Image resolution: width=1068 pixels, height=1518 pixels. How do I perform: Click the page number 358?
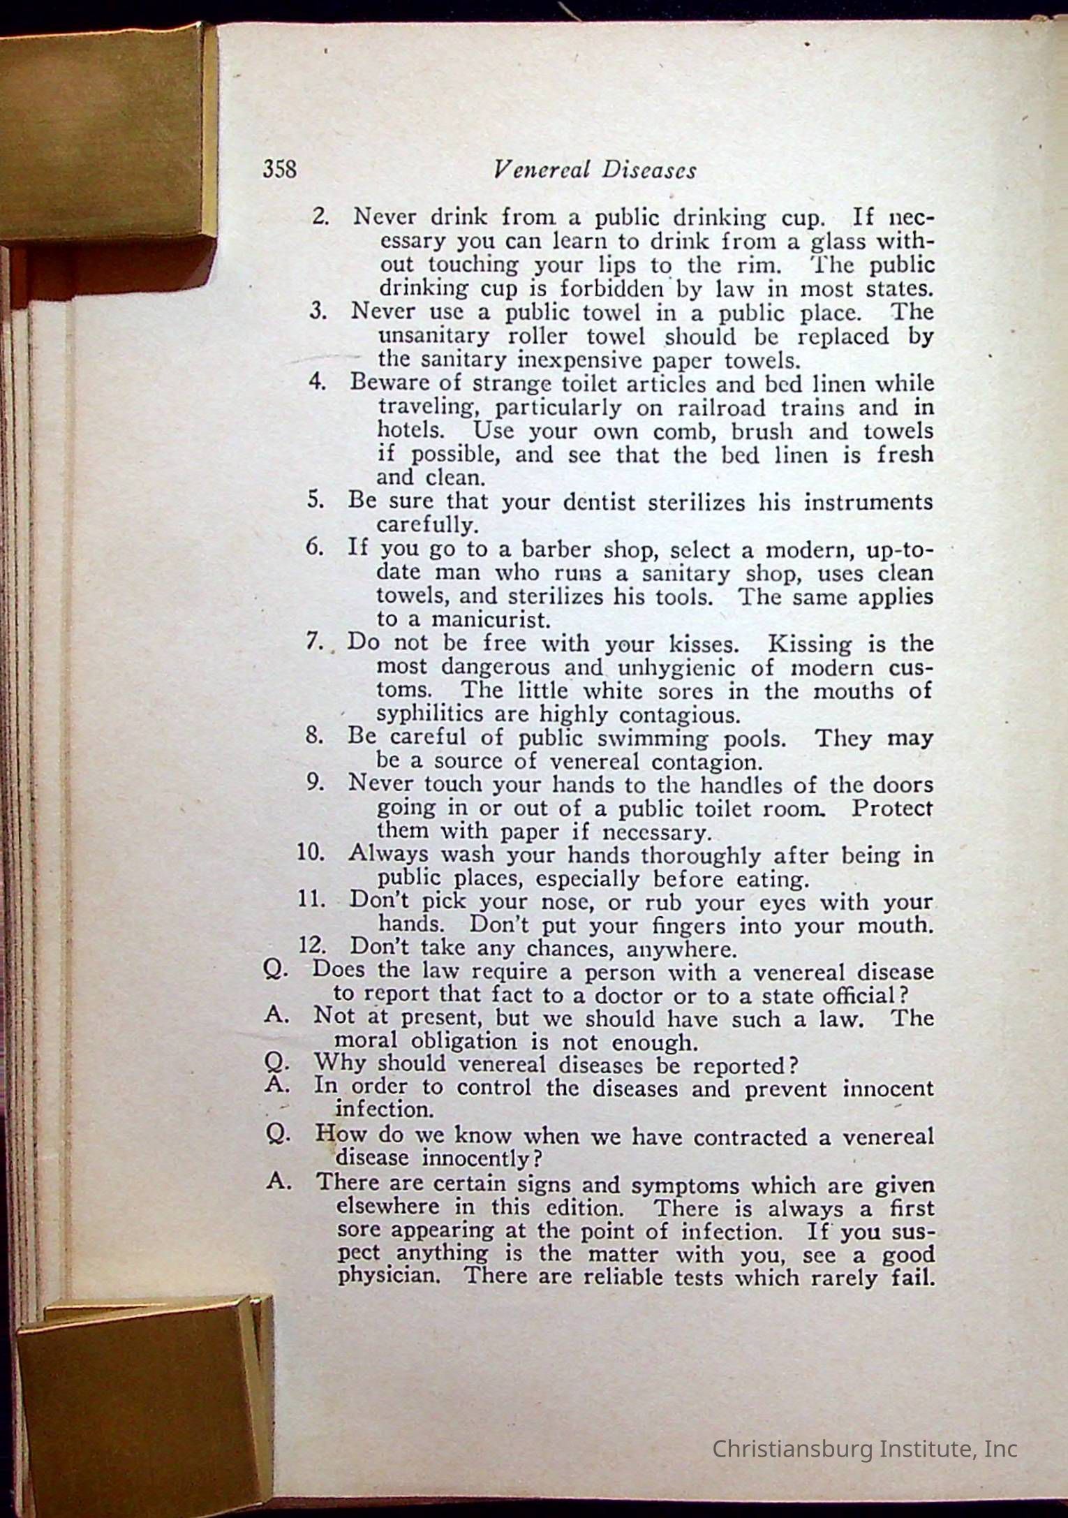tap(279, 170)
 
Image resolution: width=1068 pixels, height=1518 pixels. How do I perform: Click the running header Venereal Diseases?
tap(594, 170)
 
